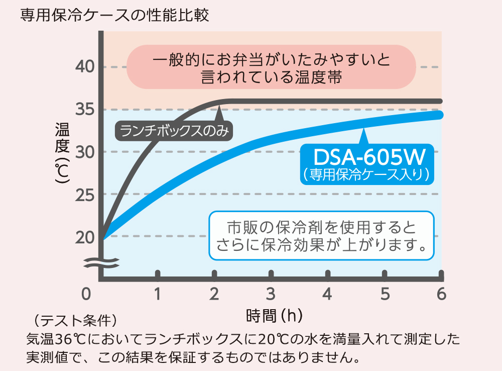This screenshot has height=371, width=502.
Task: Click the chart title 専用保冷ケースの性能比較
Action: pyautogui.click(x=114, y=15)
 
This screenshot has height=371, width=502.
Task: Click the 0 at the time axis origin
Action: pyautogui.click(x=86, y=294)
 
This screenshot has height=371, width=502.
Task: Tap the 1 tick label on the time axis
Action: pyautogui.click(x=158, y=294)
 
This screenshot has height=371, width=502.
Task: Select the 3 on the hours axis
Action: pyautogui.click(x=271, y=294)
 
